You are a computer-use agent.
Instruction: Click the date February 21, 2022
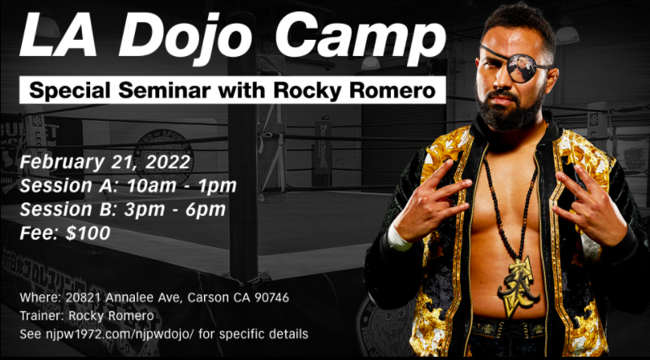[106, 162]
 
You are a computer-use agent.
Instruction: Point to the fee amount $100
[88, 233]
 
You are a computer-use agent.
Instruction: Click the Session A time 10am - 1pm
[181, 186]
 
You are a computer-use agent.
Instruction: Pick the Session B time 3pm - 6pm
[175, 210]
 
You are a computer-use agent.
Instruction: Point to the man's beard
[511, 109]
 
